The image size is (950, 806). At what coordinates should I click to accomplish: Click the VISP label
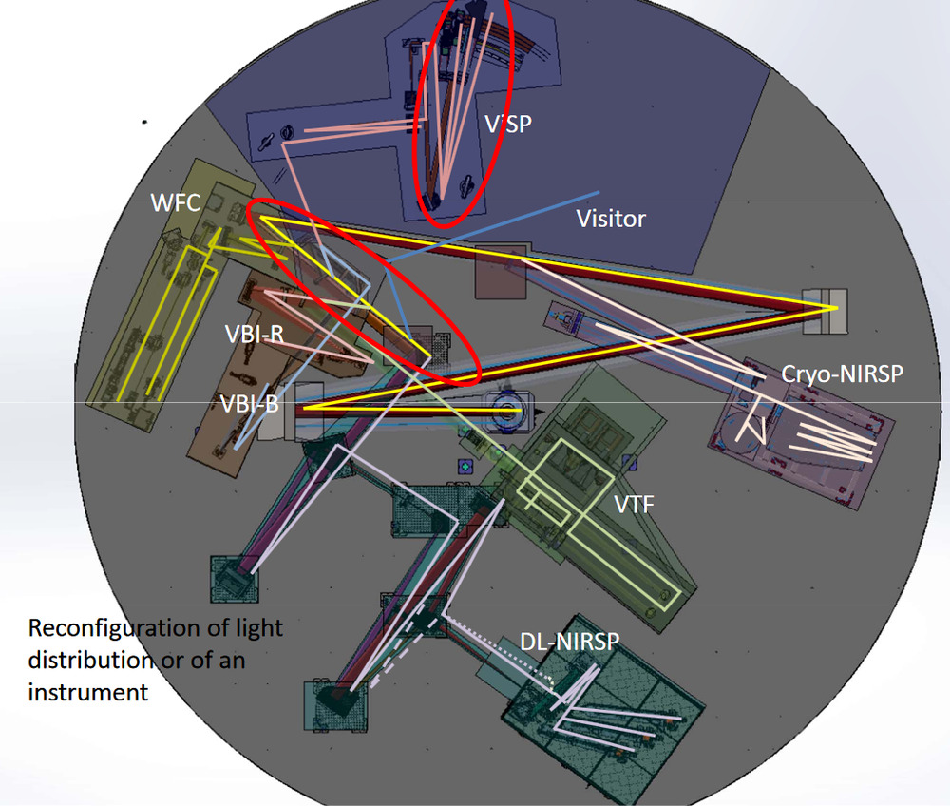pos(507,124)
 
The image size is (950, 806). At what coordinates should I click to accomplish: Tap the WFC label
pos(173,201)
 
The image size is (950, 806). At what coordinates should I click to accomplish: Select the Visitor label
pos(611,219)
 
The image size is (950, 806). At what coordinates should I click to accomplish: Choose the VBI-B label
pos(249,403)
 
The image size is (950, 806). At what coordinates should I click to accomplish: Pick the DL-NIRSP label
pos(569,643)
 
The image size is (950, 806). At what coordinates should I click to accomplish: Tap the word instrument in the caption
pos(87,691)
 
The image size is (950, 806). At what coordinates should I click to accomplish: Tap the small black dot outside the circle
pos(144,122)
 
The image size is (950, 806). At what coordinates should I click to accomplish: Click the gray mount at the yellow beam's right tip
pos(824,309)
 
